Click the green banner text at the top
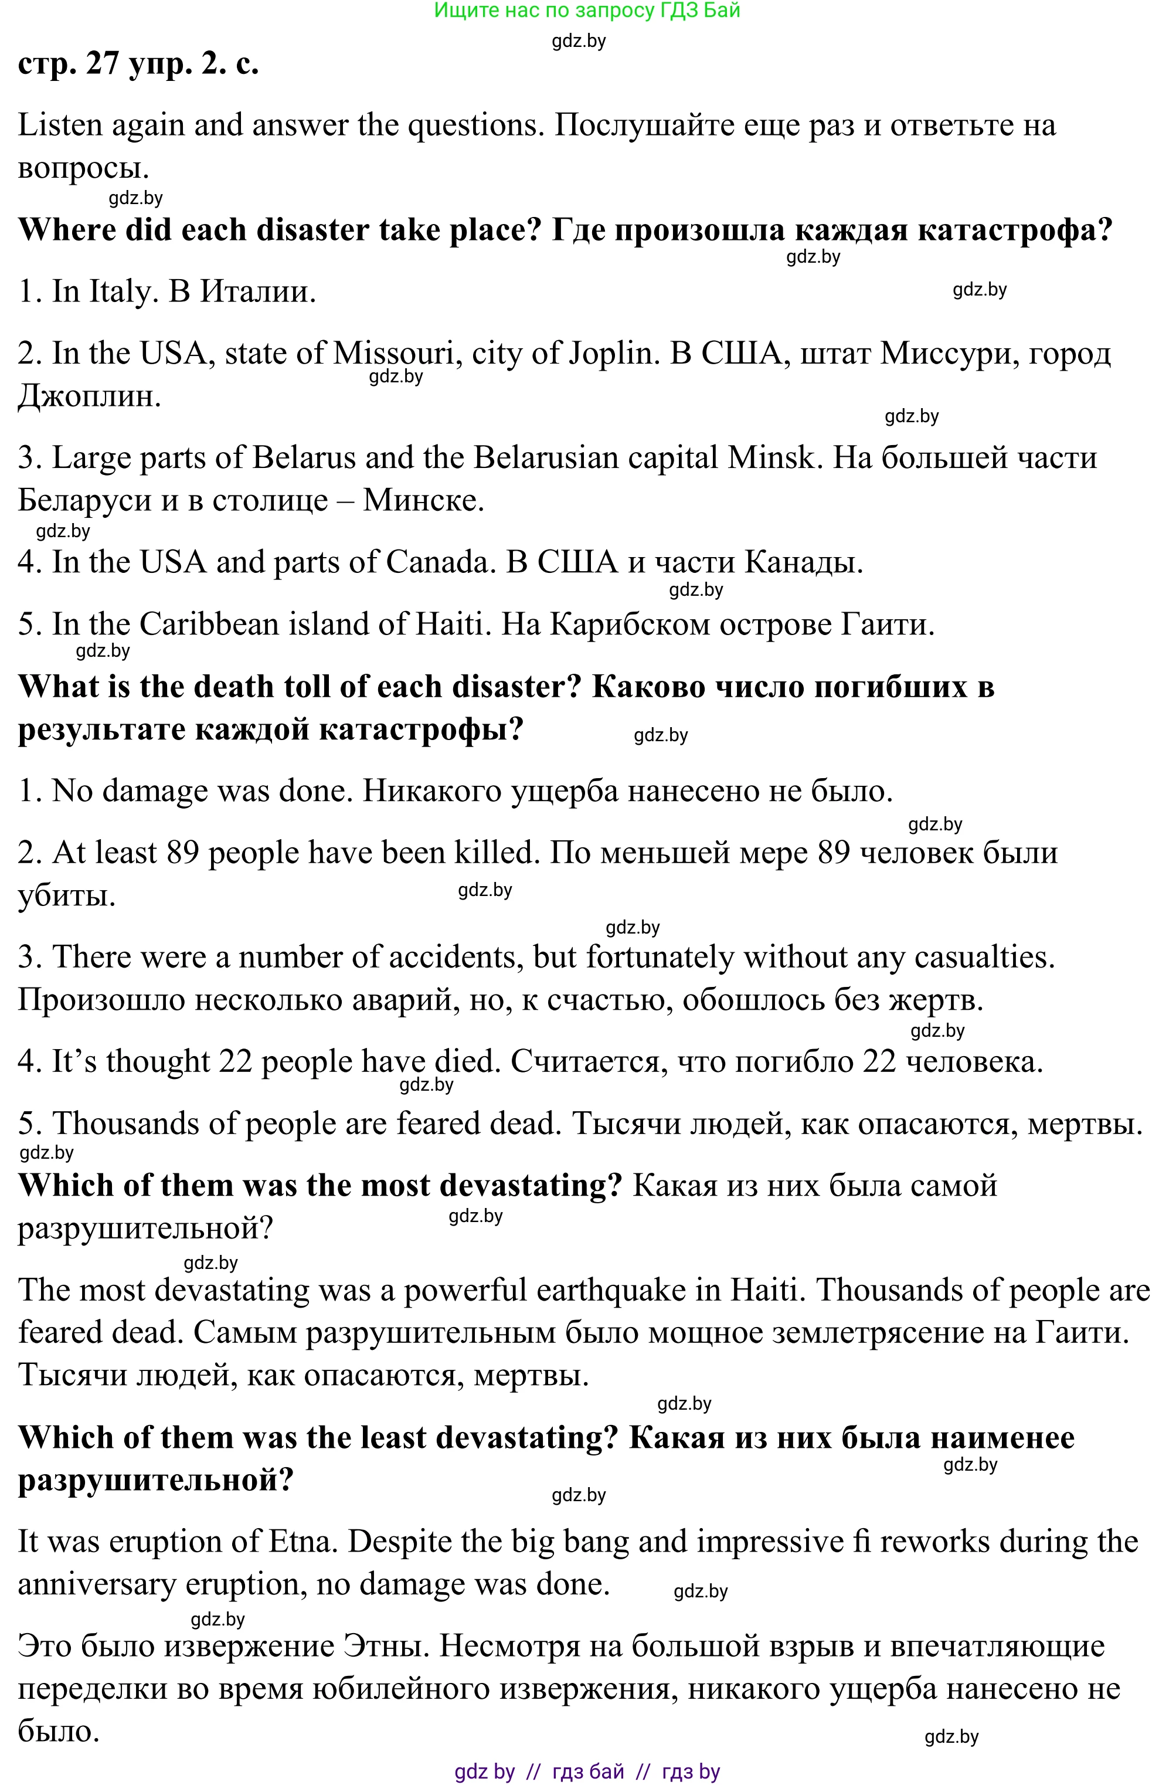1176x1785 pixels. click(x=587, y=11)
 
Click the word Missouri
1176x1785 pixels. click(x=394, y=352)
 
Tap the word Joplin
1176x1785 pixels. click(x=607, y=352)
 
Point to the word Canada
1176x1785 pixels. click(x=437, y=562)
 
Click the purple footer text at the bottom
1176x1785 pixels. click(x=587, y=1772)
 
